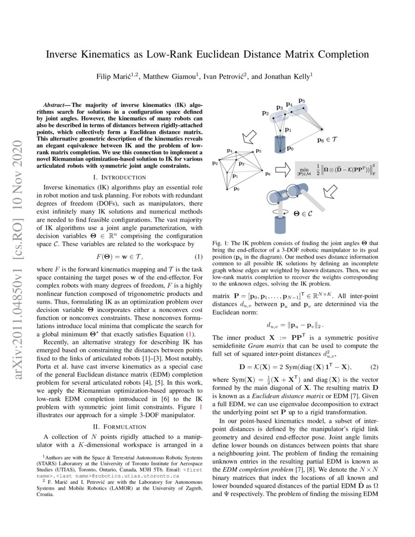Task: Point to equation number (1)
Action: coord(199,257)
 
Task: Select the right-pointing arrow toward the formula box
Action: coord(284,170)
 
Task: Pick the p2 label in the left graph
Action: coord(214,163)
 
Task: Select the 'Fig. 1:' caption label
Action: coord(222,243)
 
